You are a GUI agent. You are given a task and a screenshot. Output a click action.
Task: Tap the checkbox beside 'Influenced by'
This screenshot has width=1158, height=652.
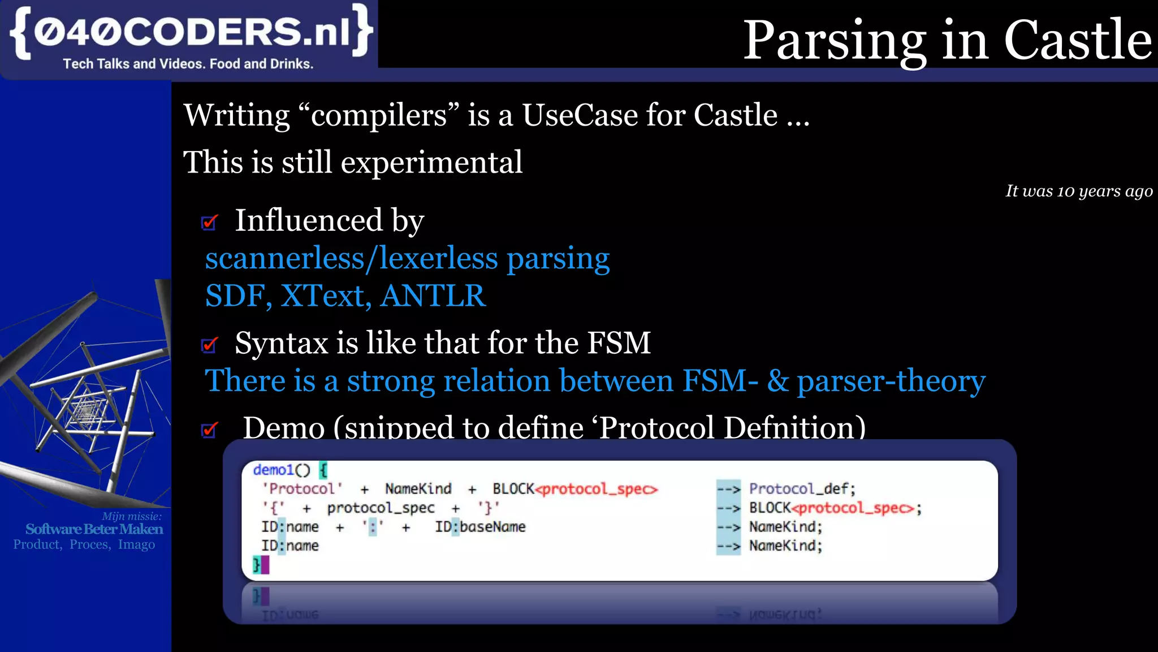point(209,222)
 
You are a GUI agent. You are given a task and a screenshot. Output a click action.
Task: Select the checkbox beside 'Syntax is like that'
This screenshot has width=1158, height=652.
point(209,344)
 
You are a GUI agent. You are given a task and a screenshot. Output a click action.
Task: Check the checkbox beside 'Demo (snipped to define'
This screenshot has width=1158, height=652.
point(209,430)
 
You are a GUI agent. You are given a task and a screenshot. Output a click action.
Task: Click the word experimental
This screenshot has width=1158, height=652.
point(431,163)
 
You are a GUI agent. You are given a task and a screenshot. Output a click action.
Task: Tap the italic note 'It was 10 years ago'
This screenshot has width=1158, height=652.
point(1078,191)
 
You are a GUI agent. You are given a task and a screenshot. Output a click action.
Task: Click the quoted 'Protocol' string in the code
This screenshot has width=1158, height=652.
point(302,488)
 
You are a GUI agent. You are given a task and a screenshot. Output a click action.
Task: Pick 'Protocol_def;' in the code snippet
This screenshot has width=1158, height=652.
point(802,488)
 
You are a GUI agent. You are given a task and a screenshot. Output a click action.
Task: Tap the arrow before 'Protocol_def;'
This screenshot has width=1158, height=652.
point(728,488)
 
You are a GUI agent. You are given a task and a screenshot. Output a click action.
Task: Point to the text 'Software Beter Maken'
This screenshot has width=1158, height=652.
point(94,529)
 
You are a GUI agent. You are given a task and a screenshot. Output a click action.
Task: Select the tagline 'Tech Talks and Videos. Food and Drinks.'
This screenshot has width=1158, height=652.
point(188,64)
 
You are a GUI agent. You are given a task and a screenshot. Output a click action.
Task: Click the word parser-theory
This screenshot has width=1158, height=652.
point(891,381)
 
